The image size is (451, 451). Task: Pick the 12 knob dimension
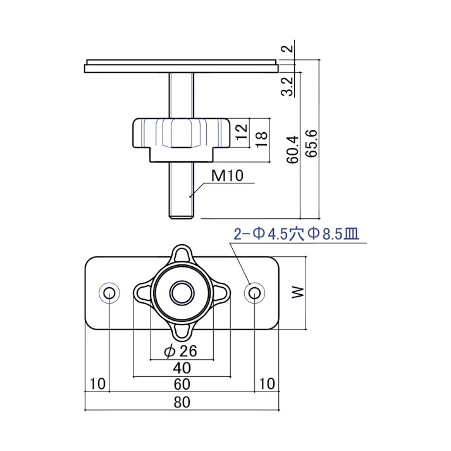click(240, 132)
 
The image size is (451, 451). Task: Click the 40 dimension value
click(182, 368)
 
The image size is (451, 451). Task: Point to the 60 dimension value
click(182, 384)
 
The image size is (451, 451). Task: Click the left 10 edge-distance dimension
click(97, 384)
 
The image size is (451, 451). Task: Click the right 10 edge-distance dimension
click(266, 384)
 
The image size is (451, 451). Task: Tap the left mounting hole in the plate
click(109, 292)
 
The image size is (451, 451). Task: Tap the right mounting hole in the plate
click(254, 292)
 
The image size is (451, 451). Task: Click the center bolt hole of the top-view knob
click(182, 292)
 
